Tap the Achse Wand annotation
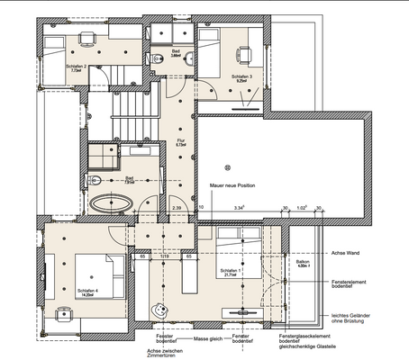point(347,253)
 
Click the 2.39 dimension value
point(177,208)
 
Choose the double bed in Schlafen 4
point(95,268)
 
